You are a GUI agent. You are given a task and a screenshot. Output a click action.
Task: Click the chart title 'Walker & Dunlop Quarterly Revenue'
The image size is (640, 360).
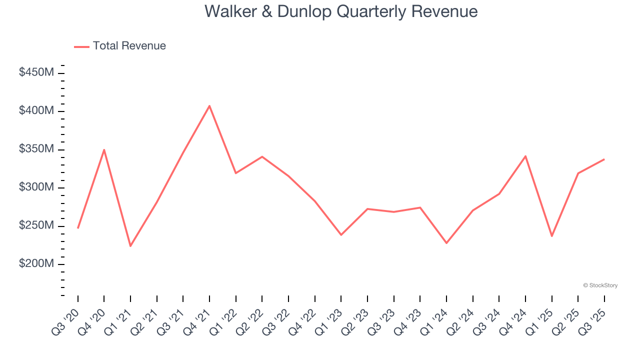(x=341, y=11)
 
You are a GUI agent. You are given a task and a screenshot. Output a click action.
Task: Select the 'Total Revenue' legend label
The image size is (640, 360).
(x=129, y=46)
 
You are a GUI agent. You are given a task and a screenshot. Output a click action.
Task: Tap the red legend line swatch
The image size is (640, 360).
(x=81, y=46)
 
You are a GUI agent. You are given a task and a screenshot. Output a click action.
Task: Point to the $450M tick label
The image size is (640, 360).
(x=36, y=72)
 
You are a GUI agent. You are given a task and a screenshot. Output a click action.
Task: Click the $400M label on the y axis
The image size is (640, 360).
(x=36, y=110)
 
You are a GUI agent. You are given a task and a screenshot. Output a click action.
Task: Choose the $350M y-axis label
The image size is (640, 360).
(x=36, y=149)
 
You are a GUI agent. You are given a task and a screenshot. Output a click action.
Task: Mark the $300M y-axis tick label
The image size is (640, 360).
(x=36, y=187)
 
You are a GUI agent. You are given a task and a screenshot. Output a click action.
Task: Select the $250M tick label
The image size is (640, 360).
(x=36, y=225)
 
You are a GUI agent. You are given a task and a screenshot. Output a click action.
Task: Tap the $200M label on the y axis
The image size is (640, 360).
(x=36, y=263)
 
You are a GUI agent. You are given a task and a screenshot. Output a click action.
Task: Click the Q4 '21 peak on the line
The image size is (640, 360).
(x=209, y=105)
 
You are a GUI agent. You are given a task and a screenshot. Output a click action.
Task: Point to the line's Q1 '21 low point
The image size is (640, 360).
(x=130, y=246)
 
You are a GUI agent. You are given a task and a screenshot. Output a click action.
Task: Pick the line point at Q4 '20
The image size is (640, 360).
(x=104, y=149)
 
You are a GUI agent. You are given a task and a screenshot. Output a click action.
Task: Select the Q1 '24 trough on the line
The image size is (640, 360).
(x=446, y=243)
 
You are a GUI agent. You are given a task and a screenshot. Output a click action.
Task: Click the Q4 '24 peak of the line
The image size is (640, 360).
(x=525, y=156)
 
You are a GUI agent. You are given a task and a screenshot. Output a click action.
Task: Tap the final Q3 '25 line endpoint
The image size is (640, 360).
(x=604, y=159)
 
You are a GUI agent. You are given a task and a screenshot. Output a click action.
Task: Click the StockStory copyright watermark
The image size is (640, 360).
(x=600, y=285)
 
